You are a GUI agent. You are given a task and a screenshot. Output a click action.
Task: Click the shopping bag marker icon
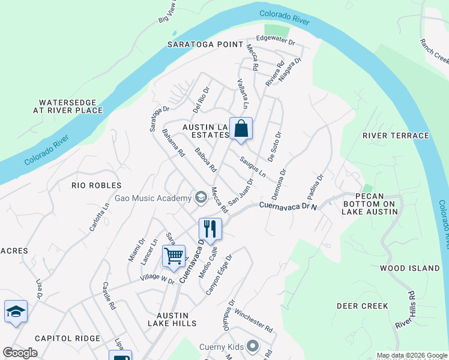pyautogui.click(x=241, y=128)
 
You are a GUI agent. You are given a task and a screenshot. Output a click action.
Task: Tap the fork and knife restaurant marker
pyautogui.click(x=210, y=229)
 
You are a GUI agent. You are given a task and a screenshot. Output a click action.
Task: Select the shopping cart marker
pyautogui.click(x=173, y=256)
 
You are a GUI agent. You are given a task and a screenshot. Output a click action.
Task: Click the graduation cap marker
pyautogui.click(x=16, y=311)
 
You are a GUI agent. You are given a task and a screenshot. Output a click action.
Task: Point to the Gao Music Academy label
pyautogui.click(x=152, y=198)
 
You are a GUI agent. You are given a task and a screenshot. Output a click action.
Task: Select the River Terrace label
pyautogui.click(x=396, y=136)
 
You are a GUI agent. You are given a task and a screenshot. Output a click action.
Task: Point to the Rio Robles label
pyautogui.click(x=96, y=185)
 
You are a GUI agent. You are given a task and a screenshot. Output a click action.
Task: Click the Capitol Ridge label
pyautogui.click(x=67, y=338)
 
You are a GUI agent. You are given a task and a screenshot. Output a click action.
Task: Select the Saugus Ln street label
pyautogui.click(x=253, y=167)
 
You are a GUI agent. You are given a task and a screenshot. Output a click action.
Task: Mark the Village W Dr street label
pyautogui.click(x=157, y=280)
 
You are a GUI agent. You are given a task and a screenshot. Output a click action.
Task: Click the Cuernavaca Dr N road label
pyautogui.click(x=288, y=205)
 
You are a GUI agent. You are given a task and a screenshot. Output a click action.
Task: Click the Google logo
pyautogui.click(x=20, y=353)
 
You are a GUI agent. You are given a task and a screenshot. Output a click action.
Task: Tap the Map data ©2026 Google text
pyautogui.click(x=412, y=355)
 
